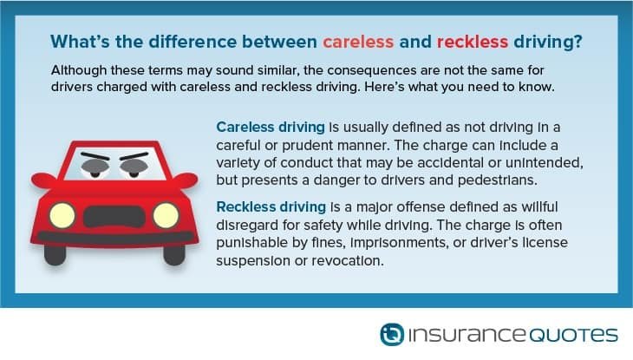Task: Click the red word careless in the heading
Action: [358, 42]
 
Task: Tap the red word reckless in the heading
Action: [473, 42]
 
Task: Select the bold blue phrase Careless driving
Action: [271, 128]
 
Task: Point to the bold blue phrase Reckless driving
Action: [271, 206]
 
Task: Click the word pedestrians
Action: [498, 180]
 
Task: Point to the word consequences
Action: [372, 71]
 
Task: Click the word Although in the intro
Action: [79, 71]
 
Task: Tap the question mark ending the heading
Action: [578, 42]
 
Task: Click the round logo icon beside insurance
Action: [392, 334]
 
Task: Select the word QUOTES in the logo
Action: [573, 335]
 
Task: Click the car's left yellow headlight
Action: [62, 215]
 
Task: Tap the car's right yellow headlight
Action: [166, 215]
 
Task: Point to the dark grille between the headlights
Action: [114, 217]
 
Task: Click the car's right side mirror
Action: [186, 180]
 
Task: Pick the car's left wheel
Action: [55, 254]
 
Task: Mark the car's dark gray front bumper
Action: [114, 238]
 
